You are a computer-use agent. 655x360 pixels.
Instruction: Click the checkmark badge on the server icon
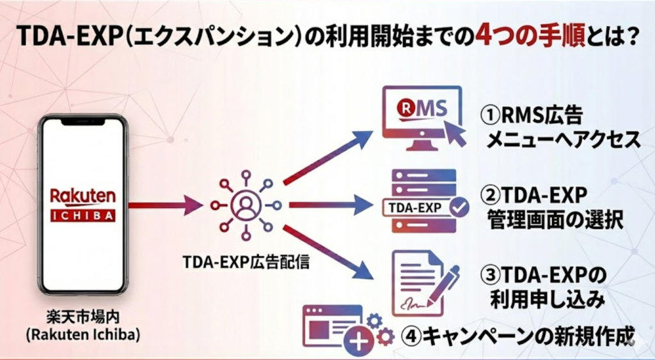pos(459,207)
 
